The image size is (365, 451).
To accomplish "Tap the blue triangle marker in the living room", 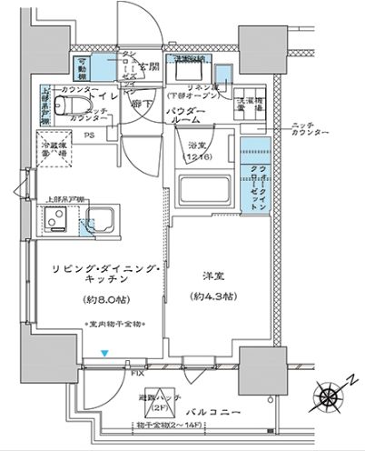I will click(x=105, y=353).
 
